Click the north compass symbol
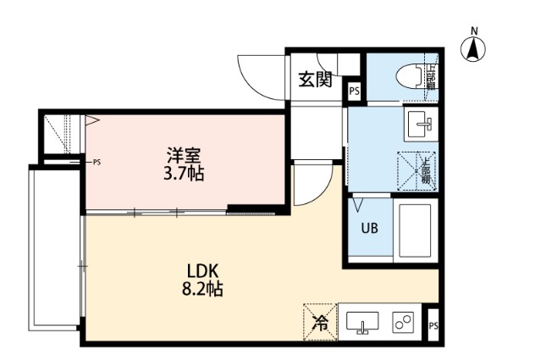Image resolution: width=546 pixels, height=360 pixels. coord(473,47)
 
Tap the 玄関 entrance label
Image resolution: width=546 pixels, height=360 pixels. coord(313,80)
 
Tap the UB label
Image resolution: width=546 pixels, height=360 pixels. coord(369,228)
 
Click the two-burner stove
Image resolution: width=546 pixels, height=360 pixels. coord(402,323)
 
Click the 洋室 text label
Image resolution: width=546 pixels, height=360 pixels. coord(184,156)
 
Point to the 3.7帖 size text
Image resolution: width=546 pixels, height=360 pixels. coord(184,174)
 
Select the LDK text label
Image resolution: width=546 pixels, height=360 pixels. coord(203,271)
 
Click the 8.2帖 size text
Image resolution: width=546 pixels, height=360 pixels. coord(203,290)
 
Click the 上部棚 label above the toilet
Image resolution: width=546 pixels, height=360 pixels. coord(430,76)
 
